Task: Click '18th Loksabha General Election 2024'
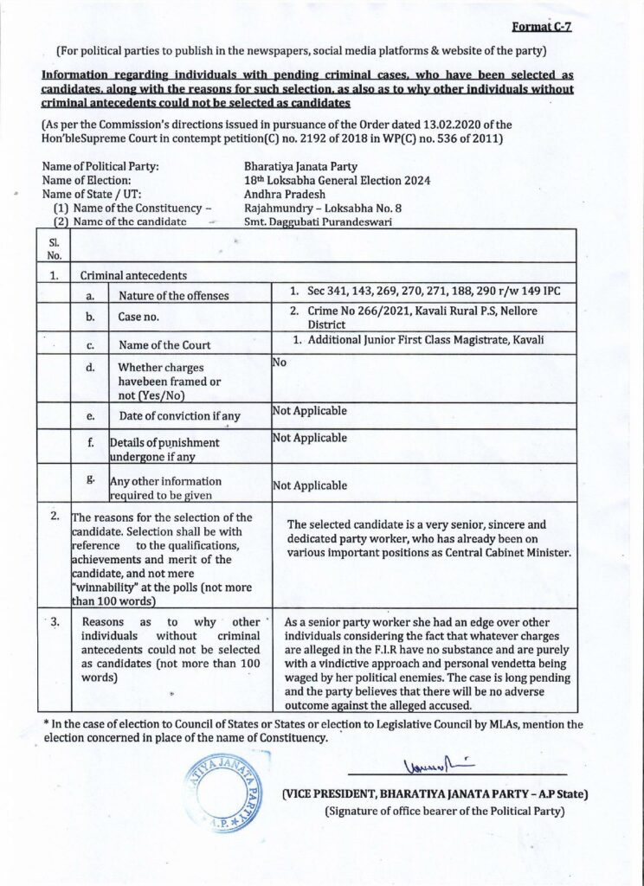click(x=338, y=180)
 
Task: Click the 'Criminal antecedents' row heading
click(x=133, y=276)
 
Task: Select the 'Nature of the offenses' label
click(x=174, y=296)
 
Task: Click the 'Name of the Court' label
click(x=164, y=345)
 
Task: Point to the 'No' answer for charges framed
click(x=280, y=363)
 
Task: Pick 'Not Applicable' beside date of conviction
click(x=309, y=411)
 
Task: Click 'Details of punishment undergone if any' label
click(x=164, y=449)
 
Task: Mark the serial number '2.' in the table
click(x=54, y=517)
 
